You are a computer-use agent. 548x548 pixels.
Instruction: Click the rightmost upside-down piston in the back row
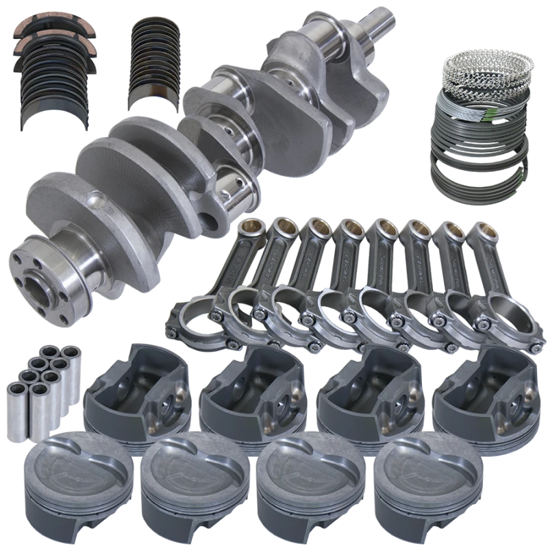point(480,390)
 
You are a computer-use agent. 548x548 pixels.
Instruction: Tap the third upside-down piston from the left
point(363,391)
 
